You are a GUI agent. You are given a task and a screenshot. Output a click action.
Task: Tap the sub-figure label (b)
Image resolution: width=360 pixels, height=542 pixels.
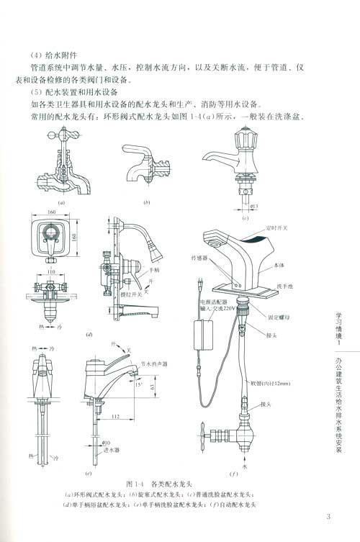click(146, 204)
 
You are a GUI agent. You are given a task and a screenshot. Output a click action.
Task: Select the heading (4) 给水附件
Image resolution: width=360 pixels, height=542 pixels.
click(49, 52)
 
